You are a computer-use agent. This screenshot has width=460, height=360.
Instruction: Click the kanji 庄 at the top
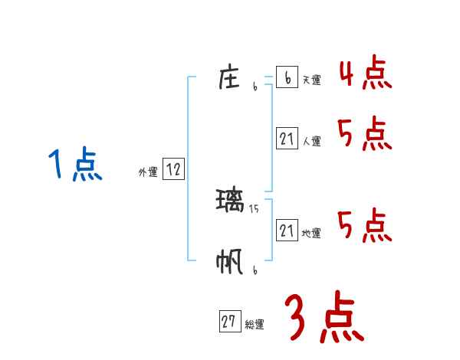(x=231, y=77)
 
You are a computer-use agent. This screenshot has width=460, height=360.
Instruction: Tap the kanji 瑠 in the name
(x=231, y=201)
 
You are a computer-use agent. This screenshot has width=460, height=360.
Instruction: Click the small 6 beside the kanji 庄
(x=254, y=87)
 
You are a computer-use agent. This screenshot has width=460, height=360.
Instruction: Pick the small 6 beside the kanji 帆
(x=254, y=270)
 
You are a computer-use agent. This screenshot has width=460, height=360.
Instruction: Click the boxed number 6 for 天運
(x=287, y=77)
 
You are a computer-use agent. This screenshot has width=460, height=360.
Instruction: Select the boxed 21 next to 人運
(x=287, y=139)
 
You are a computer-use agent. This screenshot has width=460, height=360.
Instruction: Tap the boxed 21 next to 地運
(x=287, y=230)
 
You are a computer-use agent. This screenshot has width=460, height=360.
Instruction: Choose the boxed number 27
(x=229, y=322)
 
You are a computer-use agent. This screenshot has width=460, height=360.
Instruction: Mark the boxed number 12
(x=173, y=170)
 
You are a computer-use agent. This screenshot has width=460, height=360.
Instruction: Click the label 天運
(x=311, y=80)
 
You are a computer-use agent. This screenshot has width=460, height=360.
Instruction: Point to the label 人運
(x=311, y=141)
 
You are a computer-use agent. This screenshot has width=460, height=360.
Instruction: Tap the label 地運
(x=311, y=233)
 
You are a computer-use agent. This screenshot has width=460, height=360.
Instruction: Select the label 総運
(x=255, y=325)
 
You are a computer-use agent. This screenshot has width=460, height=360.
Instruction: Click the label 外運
(x=148, y=173)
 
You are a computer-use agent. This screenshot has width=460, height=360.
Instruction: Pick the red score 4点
(x=365, y=73)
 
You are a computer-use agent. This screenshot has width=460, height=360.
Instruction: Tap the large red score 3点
(x=324, y=318)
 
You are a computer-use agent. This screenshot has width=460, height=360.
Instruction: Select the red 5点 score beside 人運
(x=365, y=134)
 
